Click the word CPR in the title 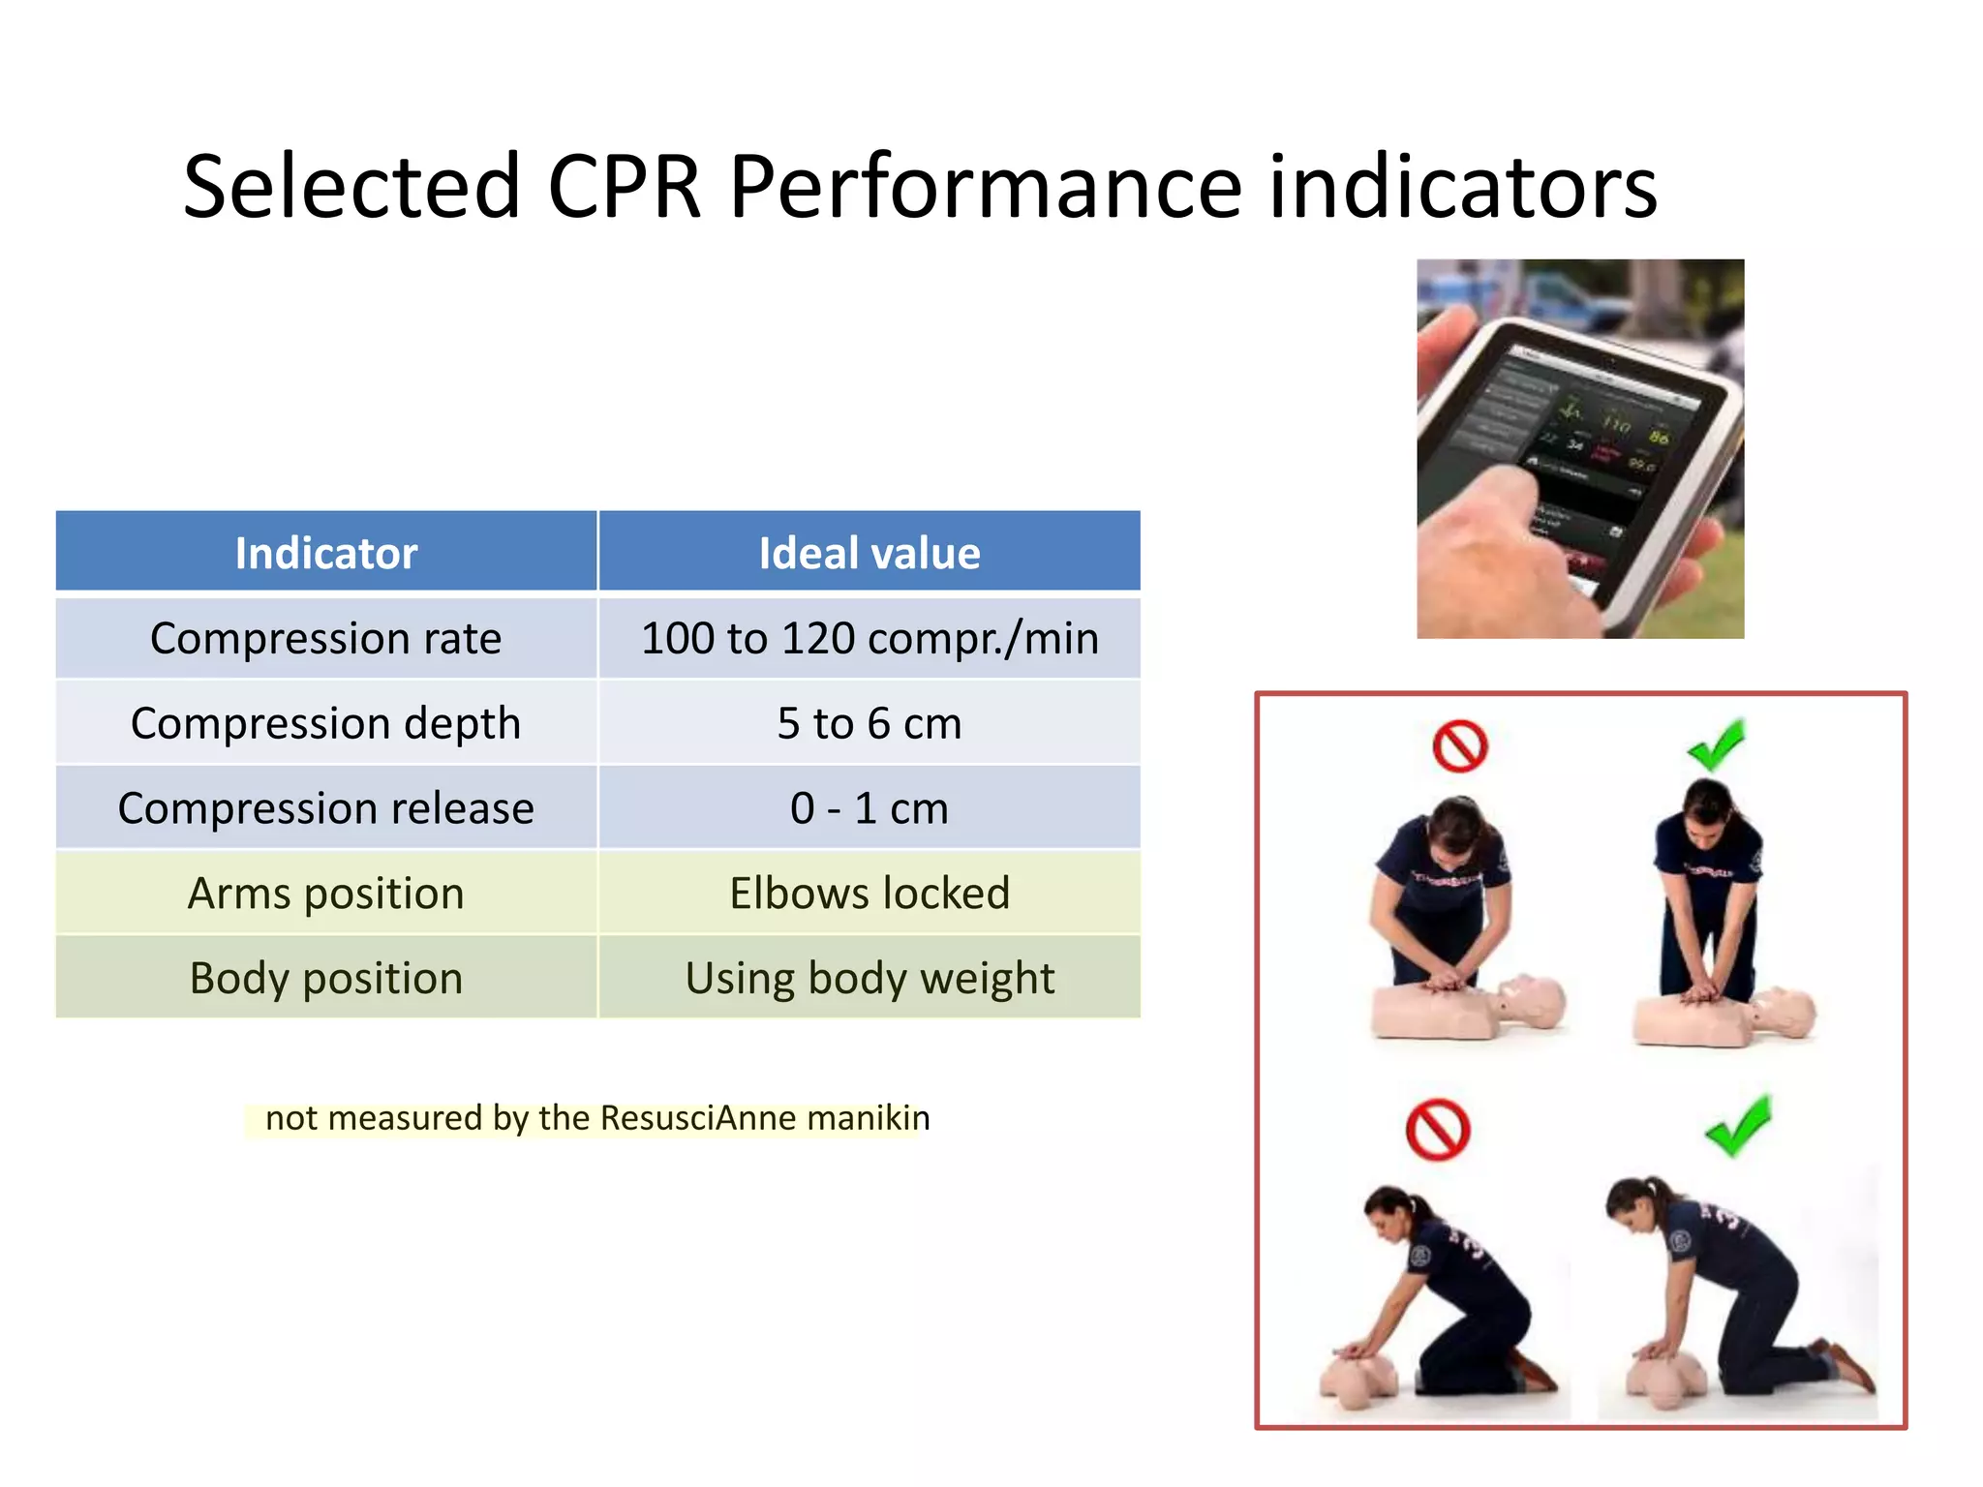coord(624,186)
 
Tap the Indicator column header coord(326,553)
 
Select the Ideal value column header coord(869,553)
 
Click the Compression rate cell coord(326,639)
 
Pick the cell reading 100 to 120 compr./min coord(869,639)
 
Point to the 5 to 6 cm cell coord(869,723)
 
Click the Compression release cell coord(326,808)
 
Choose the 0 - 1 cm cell coord(869,808)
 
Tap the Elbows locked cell coord(869,893)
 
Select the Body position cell coord(326,978)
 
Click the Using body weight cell coord(869,978)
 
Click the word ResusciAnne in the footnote coord(698,1118)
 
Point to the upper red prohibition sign coord(1459,746)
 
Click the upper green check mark coord(1716,743)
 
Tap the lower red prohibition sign coord(1438,1129)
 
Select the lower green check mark coord(1739,1126)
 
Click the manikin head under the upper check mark coord(1786,1014)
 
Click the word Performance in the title coord(985,186)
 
